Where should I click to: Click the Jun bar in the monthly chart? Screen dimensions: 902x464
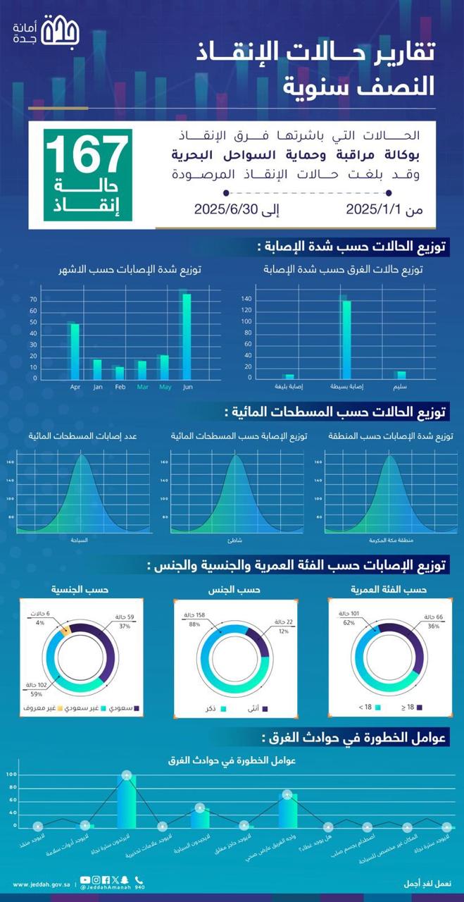coord(187,337)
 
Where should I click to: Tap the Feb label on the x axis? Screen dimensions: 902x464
coord(120,387)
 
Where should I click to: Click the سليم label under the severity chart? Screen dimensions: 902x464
coord(401,387)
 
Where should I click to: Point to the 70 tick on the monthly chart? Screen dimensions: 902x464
coord(33,300)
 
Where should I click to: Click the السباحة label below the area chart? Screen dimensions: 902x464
coord(80,540)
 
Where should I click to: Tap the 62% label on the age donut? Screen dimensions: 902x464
coord(347,623)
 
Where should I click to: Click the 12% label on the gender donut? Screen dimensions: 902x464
coord(283,631)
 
